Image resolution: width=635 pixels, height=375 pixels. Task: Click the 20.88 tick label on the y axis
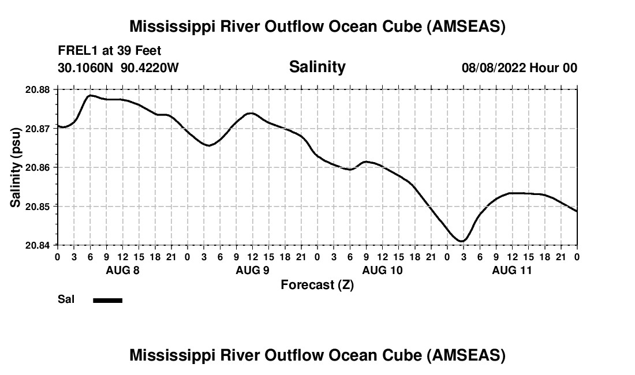(39, 89)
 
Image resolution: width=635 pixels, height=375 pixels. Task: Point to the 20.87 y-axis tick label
(39, 128)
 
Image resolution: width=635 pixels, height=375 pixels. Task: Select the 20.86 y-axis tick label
(39, 167)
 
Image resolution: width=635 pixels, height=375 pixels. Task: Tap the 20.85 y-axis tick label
(39, 206)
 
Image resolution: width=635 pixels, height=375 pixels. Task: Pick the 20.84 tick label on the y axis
(39, 245)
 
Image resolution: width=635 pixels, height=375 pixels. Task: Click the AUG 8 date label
(122, 270)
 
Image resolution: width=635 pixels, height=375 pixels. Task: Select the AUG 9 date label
(252, 270)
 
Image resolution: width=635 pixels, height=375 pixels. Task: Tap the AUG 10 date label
(382, 270)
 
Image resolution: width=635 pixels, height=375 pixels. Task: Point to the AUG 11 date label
(512, 270)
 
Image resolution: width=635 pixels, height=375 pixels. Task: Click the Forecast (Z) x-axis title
(317, 285)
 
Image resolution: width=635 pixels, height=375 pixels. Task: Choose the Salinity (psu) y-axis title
(16, 167)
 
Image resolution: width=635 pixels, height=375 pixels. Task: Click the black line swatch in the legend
(107, 300)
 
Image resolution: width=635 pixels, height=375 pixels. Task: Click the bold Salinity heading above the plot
(317, 67)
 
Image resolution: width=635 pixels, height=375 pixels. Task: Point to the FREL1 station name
(76, 51)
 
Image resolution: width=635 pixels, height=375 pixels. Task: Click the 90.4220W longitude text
(150, 68)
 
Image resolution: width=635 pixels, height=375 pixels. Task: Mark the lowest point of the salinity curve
(461, 241)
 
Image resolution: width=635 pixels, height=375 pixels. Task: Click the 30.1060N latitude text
(86, 68)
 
